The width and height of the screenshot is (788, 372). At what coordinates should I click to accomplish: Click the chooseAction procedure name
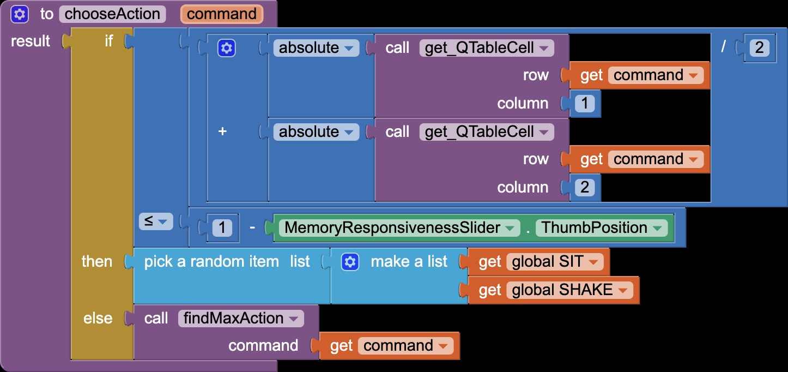112,14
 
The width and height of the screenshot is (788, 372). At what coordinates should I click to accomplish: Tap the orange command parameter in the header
222,14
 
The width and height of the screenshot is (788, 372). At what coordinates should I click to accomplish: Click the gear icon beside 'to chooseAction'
20,14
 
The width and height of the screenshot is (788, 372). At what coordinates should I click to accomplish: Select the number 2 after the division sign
759,47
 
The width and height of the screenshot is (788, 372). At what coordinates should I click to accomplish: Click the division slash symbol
723,46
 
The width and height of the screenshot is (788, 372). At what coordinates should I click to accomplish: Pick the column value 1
585,103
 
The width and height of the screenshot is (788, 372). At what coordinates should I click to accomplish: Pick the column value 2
585,187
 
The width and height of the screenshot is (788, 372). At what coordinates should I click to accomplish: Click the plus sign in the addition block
222,131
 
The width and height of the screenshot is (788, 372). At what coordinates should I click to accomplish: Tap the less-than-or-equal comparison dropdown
156,221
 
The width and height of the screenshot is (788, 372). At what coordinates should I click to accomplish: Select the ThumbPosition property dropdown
602,227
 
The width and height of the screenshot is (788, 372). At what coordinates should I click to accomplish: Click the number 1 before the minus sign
222,227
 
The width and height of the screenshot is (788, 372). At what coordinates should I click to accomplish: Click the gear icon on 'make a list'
350,262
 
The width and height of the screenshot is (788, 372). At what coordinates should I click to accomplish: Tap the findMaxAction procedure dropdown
241,319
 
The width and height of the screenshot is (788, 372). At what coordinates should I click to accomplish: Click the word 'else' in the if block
98,319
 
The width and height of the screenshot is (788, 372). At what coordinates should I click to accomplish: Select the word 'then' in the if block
97,262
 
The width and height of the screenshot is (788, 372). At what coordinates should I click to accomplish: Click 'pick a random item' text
211,262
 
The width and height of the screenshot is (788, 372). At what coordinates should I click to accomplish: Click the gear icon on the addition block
227,48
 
